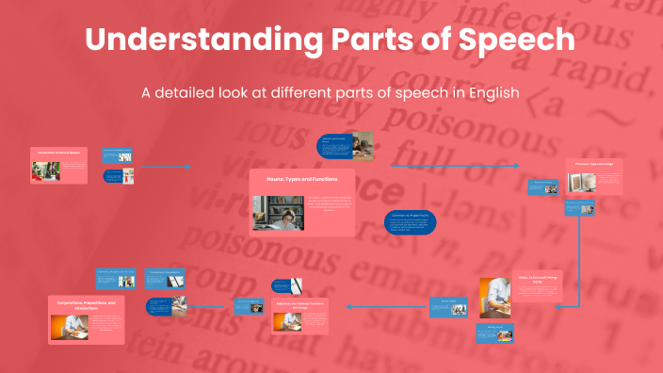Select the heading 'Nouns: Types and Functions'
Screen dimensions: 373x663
(302, 178)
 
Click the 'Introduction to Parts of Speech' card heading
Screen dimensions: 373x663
(58, 151)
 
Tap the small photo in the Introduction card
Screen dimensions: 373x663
(46, 170)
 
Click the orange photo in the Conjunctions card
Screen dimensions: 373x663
(69, 326)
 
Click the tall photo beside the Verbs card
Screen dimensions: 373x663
(493, 297)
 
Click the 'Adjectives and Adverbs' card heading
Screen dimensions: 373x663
(300, 305)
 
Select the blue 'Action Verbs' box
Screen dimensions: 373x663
(448, 306)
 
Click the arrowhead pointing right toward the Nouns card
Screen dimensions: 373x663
(187, 167)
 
